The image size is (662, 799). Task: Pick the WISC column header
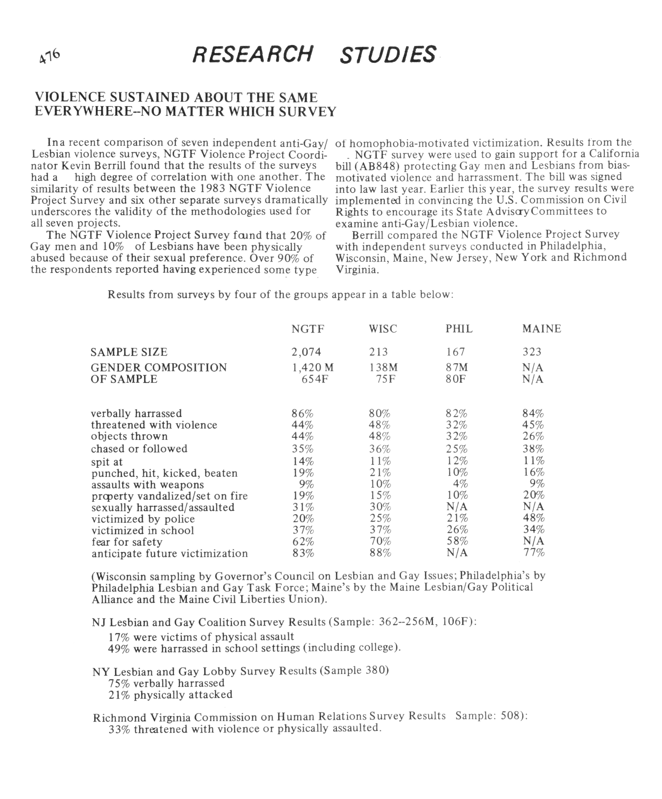pyautogui.click(x=383, y=329)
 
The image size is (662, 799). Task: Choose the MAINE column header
pyautogui.click(x=541, y=329)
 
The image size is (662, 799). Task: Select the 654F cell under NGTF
pyautogui.click(x=315, y=379)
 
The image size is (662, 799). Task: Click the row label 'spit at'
pyautogui.click(x=107, y=462)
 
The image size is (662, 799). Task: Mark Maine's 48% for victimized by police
pyautogui.click(x=533, y=518)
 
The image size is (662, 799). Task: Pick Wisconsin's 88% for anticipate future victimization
pyautogui.click(x=380, y=553)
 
